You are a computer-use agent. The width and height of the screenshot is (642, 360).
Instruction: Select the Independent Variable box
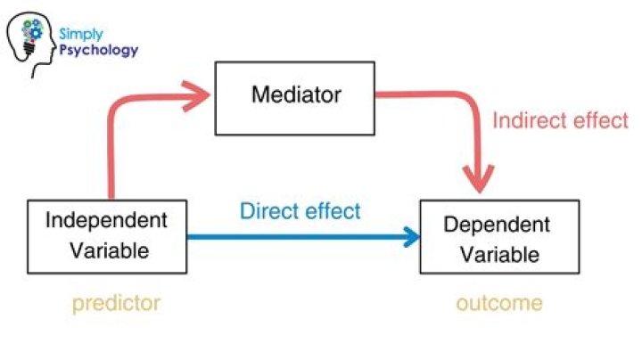pyautogui.click(x=108, y=235)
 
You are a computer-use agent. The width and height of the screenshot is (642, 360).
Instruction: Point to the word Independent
pyautogui.click(x=108, y=220)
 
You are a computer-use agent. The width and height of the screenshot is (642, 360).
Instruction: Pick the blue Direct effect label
pyautogui.click(x=300, y=211)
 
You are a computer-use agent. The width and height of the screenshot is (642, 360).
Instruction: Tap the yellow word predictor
pyautogui.click(x=116, y=303)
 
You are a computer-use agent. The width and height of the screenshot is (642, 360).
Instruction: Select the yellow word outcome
pyautogui.click(x=499, y=303)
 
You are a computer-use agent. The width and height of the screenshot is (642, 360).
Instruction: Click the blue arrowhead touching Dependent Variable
pyautogui.click(x=412, y=237)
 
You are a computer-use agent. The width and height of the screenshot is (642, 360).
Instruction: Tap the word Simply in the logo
pyautogui.click(x=77, y=33)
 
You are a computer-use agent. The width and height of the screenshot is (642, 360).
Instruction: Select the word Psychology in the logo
pyautogui.click(x=99, y=50)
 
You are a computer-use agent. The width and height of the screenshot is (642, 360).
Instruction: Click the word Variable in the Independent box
pyautogui.click(x=108, y=250)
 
